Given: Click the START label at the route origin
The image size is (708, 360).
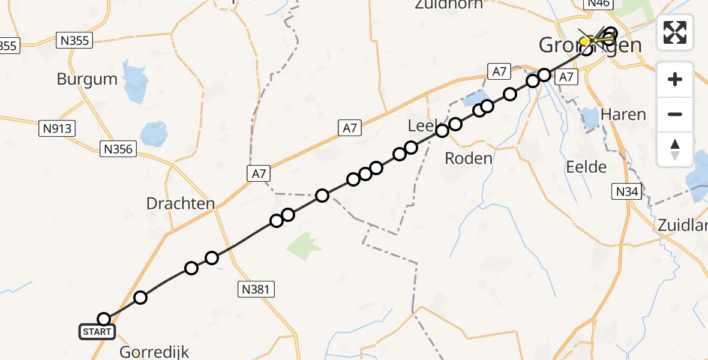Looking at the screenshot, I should coord(97,332).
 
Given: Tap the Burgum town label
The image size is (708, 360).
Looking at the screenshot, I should coord(87,79).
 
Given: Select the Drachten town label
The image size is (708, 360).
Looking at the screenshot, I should coord(180,203).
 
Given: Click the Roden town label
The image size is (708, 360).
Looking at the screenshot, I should coord(469,158).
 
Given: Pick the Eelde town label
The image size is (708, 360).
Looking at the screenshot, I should coord(586,167).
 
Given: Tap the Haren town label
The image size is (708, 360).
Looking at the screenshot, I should coord(623,114).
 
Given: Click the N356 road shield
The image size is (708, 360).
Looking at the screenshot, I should coord(118,149).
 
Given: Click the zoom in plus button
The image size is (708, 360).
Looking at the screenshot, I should coord(675,79).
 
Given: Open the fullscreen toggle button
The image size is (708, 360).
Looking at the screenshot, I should coord(675,32).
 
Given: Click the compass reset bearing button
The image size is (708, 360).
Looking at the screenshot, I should coord(675,149).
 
